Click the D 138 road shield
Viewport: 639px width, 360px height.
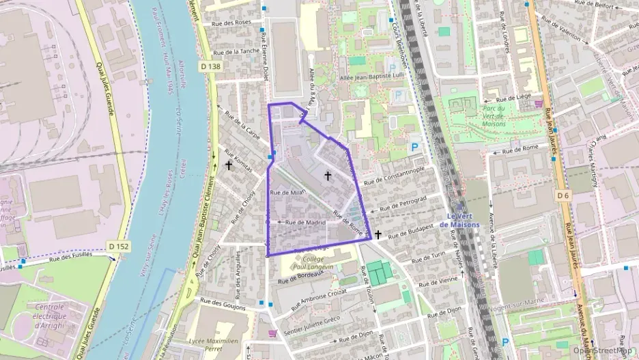(211, 66)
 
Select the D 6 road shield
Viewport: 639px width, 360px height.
(563, 196)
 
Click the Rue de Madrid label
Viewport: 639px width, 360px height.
(304, 222)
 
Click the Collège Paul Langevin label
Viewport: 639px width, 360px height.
(312, 263)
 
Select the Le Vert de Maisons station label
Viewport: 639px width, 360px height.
(460, 220)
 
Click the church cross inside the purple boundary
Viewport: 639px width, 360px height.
(328, 176)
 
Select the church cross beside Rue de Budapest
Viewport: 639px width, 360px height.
(378, 234)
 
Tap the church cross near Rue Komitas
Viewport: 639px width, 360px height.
(229, 165)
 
